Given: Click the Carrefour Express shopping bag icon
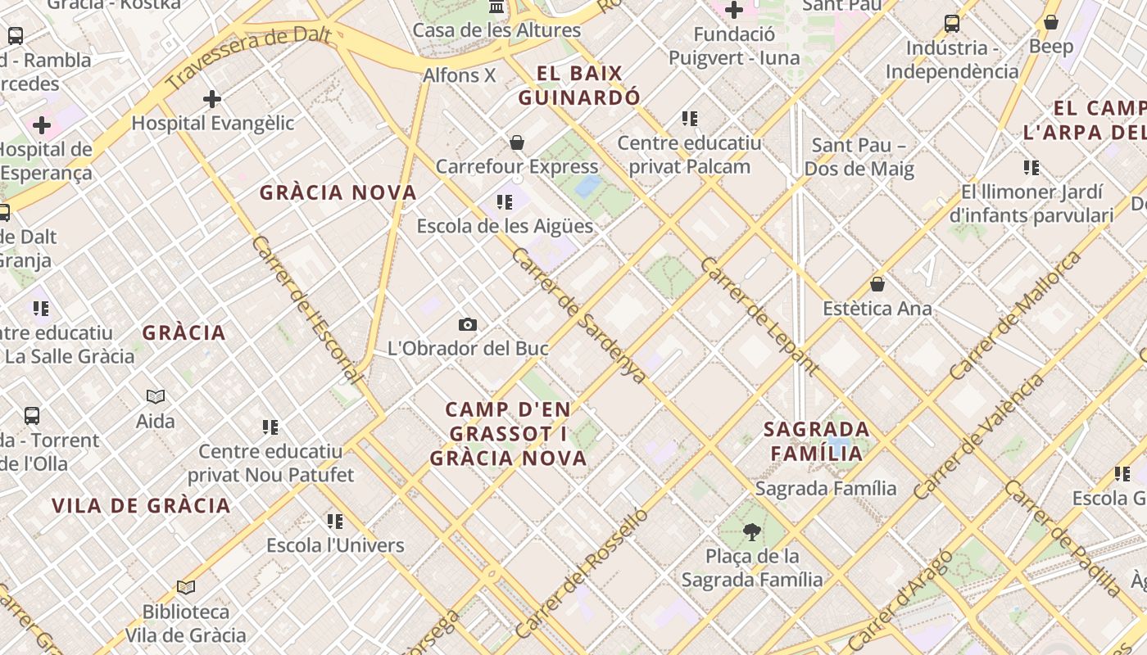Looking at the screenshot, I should [517, 143].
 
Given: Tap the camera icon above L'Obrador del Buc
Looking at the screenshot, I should [468, 325].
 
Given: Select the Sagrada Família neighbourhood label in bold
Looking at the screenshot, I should [816, 440].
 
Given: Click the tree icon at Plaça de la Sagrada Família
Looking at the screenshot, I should [751, 533].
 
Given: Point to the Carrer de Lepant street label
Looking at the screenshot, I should [759, 316].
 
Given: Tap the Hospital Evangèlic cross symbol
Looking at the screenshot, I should [212, 100].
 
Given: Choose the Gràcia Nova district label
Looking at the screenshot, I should [338, 193].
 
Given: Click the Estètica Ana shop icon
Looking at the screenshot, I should [877, 285].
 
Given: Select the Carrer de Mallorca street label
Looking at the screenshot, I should [1016, 315].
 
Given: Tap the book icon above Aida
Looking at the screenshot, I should [156, 397].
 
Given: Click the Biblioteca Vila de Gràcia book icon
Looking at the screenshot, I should [186, 588].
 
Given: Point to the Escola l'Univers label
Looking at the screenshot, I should [335, 545].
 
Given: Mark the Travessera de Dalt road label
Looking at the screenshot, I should [248, 56].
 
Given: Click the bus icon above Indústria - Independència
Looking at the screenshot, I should [951, 24].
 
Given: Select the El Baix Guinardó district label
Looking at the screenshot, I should [579, 85].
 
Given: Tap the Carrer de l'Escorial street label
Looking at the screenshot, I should [306, 310].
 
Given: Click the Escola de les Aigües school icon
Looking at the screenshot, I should [505, 202].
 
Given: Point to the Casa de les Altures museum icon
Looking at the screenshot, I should [496, 7].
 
